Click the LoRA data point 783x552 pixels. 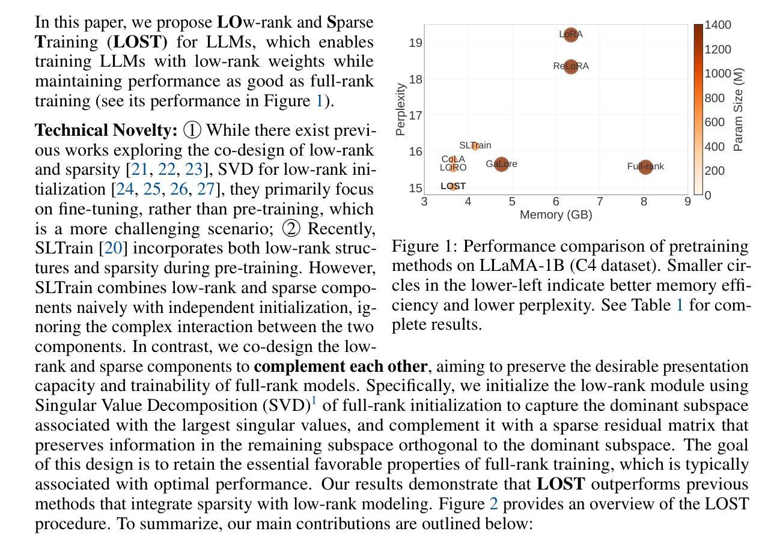click(571, 35)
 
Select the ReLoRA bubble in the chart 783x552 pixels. click(571, 67)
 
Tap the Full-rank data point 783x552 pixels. click(645, 166)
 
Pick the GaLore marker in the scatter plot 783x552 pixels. click(502, 164)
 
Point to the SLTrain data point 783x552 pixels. click(475, 145)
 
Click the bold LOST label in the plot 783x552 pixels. click(453, 186)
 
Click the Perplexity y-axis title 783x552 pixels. click(400, 109)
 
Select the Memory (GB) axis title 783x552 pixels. click(556, 214)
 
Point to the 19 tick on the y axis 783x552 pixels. click(416, 43)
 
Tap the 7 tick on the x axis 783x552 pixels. click(600, 202)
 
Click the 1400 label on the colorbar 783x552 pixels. click(717, 25)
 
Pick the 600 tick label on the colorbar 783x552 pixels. click(714, 122)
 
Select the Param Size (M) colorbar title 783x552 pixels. click(737, 109)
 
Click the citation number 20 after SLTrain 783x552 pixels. click(113, 247)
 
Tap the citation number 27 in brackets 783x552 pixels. click(206, 189)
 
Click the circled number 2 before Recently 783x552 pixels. click(291, 228)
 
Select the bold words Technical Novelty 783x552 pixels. click(106, 130)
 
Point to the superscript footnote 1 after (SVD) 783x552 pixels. click(314, 400)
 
